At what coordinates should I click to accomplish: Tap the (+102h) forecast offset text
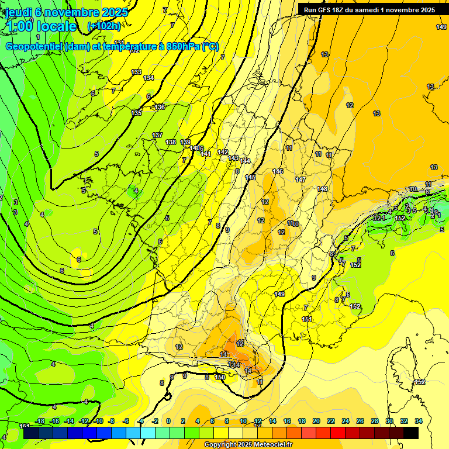(104, 26)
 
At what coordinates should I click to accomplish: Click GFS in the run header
(326, 10)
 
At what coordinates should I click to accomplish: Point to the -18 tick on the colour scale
(40, 421)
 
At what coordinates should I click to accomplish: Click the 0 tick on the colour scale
(168, 421)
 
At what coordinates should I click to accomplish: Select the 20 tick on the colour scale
(316, 421)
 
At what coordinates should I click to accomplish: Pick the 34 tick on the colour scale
(419, 421)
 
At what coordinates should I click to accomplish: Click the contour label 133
(136, 72)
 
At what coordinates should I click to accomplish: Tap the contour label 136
(160, 107)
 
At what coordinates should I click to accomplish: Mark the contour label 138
(171, 142)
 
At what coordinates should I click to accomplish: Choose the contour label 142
(223, 152)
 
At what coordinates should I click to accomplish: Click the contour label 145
(250, 177)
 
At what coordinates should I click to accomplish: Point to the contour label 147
(301, 179)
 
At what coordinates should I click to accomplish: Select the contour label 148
(322, 189)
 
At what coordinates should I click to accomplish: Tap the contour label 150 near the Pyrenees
(220, 377)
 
